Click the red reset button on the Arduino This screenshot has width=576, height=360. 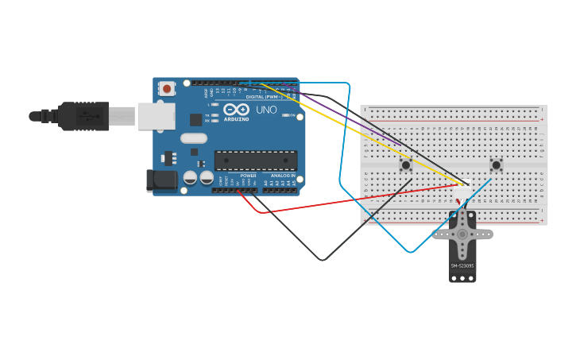coord(166,88)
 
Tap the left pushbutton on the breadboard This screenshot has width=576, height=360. coord(406,165)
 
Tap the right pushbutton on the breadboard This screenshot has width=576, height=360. coord(497,165)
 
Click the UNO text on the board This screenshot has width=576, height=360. coord(267,110)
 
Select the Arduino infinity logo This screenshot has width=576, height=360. coord(236,110)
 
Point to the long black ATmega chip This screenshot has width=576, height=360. coord(256,161)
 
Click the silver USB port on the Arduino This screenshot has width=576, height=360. coord(156,116)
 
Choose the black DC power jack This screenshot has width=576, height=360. coord(162,180)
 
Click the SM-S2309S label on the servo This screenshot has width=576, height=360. coord(462,265)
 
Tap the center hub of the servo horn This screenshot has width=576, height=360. coord(462,234)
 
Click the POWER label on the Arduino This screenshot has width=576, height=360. coord(248,176)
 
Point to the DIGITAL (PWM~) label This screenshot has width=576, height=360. coord(262,96)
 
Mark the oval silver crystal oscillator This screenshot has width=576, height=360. coord(194,138)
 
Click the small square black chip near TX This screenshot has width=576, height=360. coord(195,120)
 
